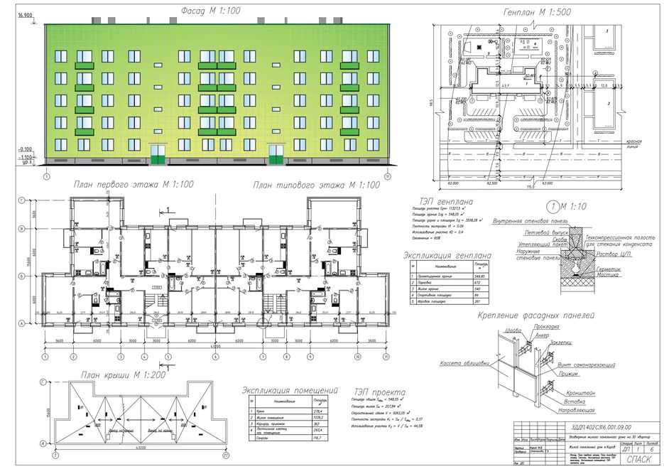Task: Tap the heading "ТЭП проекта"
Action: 379,392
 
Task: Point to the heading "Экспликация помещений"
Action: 289,390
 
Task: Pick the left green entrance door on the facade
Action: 156,152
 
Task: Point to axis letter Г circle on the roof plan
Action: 45,383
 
